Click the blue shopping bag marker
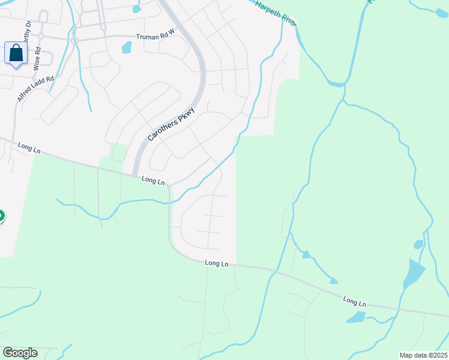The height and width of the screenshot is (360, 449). tap(16, 53)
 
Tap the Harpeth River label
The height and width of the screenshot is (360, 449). tap(276, 13)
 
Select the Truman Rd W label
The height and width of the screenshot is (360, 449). tap(154, 37)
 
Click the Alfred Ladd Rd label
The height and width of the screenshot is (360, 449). tap(35, 88)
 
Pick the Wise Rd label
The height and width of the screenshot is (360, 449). tap(38, 56)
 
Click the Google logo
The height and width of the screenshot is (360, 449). tap(20, 353)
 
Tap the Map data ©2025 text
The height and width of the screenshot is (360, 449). tap(423, 355)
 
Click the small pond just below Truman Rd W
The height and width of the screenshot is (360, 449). tap(127, 47)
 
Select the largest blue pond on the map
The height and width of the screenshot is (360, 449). tap(414, 273)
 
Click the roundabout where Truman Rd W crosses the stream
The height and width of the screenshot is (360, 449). tap(75, 41)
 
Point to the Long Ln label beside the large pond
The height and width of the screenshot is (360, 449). tap(354, 301)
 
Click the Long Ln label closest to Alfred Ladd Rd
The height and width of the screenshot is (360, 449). tap(29, 148)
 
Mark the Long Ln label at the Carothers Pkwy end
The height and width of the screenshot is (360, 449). tap(153, 179)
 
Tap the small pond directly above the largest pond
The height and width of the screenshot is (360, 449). tap(418, 244)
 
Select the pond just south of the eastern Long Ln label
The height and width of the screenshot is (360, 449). tap(355, 317)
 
